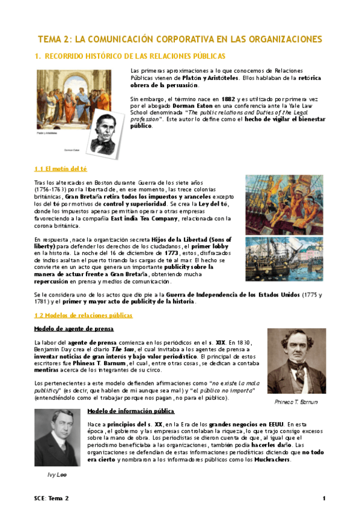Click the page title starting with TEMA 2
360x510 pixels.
click(180, 39)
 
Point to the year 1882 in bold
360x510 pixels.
click(228, 99)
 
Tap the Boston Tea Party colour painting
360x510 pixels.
click(285, 204)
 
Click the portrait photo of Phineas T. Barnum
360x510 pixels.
click(296, 361)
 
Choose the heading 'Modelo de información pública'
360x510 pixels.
click(130, 411)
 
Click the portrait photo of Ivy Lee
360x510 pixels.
click(57, 437)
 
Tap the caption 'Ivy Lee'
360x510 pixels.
click(57, 475)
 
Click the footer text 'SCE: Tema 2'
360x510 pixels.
click(52, 499)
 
